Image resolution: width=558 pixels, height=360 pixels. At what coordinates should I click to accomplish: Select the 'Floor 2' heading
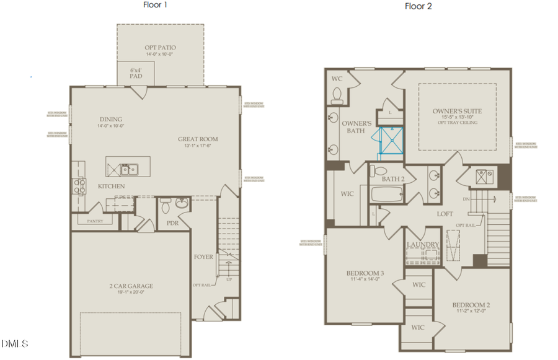pos(418,6)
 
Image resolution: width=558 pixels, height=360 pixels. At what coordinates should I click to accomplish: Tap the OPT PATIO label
pos(160,48)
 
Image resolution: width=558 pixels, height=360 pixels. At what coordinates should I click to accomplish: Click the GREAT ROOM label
pos(198,139)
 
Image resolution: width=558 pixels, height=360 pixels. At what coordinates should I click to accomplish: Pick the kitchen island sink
pos(129,168)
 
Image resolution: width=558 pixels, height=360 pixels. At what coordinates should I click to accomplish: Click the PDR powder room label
pos(172,224)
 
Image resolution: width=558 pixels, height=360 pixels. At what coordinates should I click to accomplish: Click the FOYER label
pos(203,257)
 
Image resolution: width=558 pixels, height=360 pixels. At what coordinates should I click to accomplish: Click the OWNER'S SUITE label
pos(457,112)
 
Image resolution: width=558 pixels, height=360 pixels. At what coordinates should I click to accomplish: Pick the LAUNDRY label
pos(423,245)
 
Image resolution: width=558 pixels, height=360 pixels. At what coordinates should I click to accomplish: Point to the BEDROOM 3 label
pos(365,273)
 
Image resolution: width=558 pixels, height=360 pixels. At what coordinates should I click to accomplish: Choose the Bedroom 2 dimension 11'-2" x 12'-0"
pos(471,312)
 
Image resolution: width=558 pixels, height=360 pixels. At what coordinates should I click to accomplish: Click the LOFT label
pos(445,213)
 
